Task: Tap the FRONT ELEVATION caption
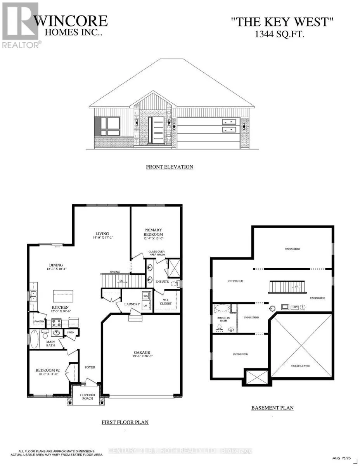pyautogui.click(x=170, y=167)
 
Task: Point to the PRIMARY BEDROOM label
pyautogui.click(x=153, y=232)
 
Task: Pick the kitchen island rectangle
pyautogui.click(x=63, y=296)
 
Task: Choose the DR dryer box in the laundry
pyautogui.click(x=146, y=306)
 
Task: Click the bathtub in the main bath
pyautogui.click(x=34, y=339)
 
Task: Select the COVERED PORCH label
pyautogui.click(x=88, y=396)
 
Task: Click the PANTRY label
pyautogui.click(x=39, y=322)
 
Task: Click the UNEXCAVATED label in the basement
pyautogui.click(x=302, y=366)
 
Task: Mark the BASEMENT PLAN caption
pyautogui.click(x=272, y=408)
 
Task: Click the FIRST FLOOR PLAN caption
pyautogui.click(x=125, y=422)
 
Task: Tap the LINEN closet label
pyautogui.click(x=70, y=332)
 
